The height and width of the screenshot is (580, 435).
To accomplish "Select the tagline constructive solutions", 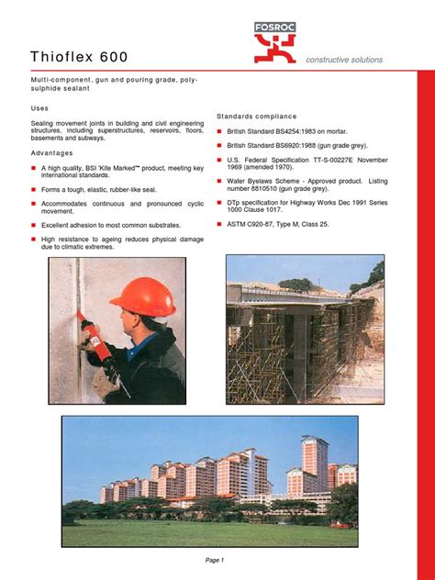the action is click(345, 60).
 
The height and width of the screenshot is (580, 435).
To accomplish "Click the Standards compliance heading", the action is click(257, 117).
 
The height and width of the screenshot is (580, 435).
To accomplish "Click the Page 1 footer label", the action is click(215, 560).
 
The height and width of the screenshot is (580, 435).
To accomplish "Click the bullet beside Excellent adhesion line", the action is click(33, 224).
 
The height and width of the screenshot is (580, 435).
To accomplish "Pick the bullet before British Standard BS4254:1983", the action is click(219, 131).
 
